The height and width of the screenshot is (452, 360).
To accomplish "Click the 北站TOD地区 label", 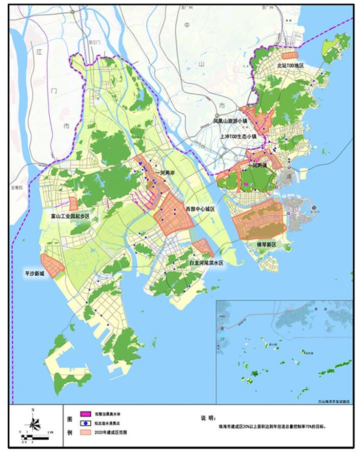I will (290, 66).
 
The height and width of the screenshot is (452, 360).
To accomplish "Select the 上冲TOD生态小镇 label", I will (237, 137).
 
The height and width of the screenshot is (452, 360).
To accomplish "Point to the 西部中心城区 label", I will (199, 210).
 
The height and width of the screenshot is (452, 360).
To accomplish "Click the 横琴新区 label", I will (267, 245).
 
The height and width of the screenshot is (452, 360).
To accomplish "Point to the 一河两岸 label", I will (165, 173).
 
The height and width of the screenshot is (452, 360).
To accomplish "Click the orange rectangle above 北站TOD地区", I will (290, 55).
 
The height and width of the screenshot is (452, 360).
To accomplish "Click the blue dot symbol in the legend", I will (85, 423).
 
